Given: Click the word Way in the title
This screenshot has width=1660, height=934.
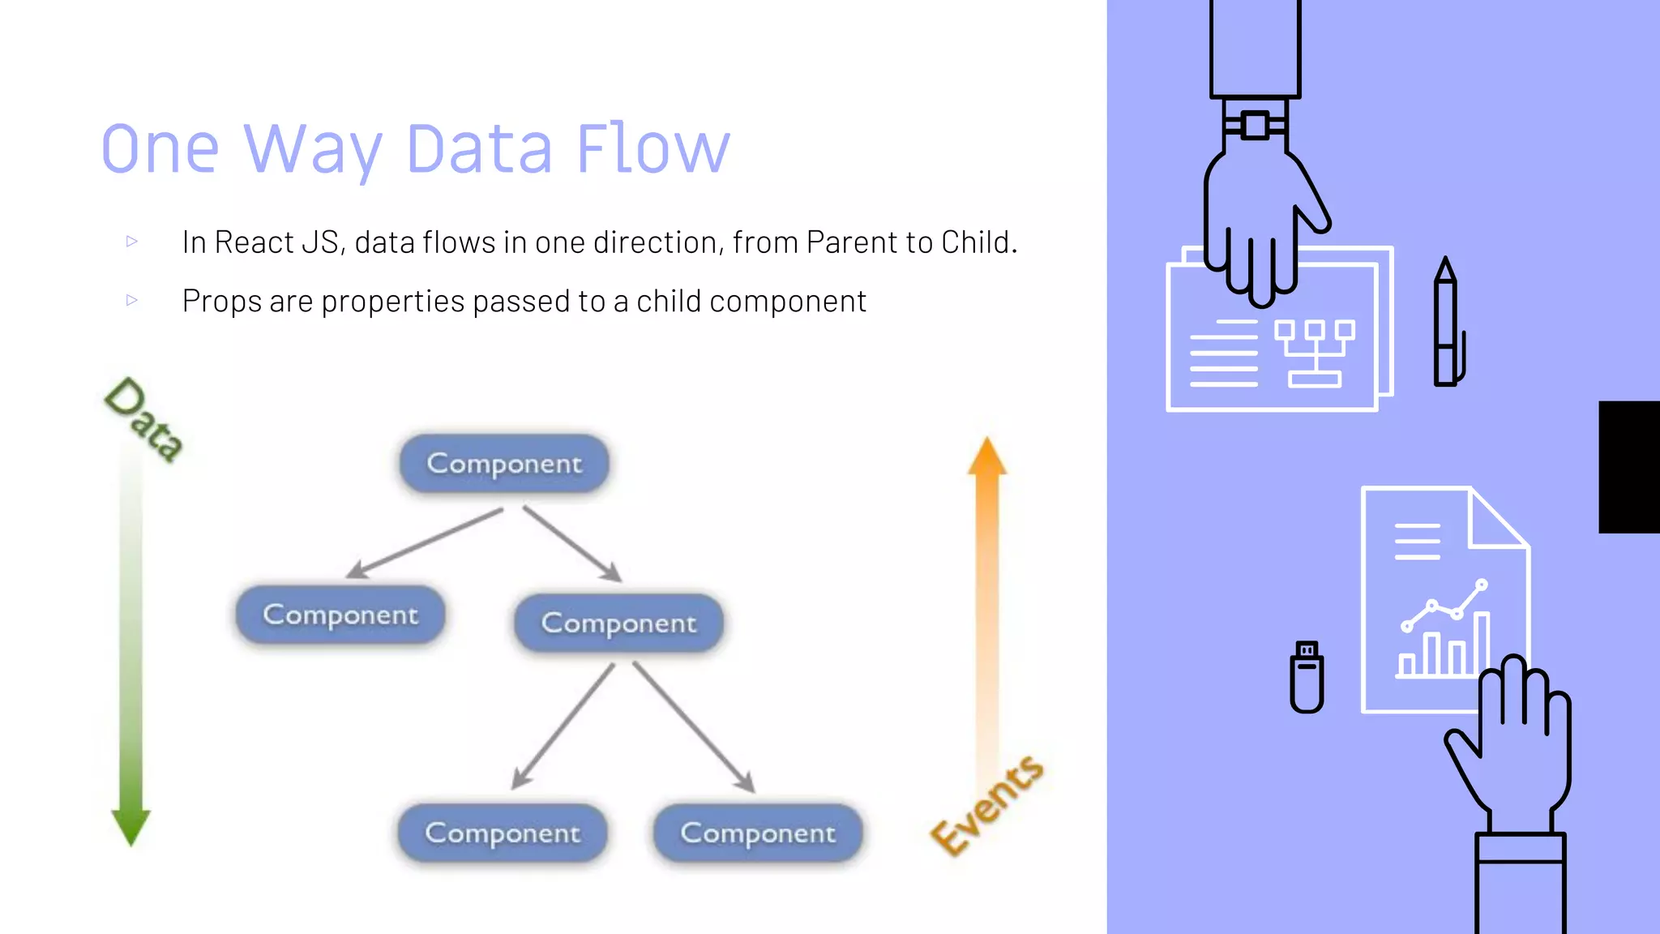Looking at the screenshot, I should [x=312, y=150].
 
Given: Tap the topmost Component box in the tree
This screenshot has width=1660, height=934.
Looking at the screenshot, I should [x=504, y=464].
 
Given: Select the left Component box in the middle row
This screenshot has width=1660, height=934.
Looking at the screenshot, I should [x=340, y=615].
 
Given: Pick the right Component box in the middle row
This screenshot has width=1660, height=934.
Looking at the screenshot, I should [x=618, y=623].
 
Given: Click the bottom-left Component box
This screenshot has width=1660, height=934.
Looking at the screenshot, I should [x=503, y=833].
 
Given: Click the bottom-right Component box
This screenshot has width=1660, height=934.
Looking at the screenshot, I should [x=758, y=833].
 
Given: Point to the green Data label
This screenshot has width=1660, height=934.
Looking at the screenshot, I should [x=144, y=419].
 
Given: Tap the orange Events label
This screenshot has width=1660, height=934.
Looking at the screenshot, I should [x=986, y=805].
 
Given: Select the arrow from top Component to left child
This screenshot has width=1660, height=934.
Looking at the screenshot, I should [x=426, y=542].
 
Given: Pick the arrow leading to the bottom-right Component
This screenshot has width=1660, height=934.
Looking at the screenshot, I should [x=693, y=726].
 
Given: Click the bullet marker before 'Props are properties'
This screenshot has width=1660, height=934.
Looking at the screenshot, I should [x=132, y=300].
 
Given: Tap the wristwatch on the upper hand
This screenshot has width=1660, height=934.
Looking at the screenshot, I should [x=1255, y=126].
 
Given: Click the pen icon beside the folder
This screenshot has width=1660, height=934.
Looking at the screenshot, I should [x=1447, y=324].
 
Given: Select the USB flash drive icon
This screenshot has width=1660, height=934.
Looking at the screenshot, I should [x=1307, y=677].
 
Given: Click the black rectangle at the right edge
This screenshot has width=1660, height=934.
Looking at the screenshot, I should [x=1629, y=467].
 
